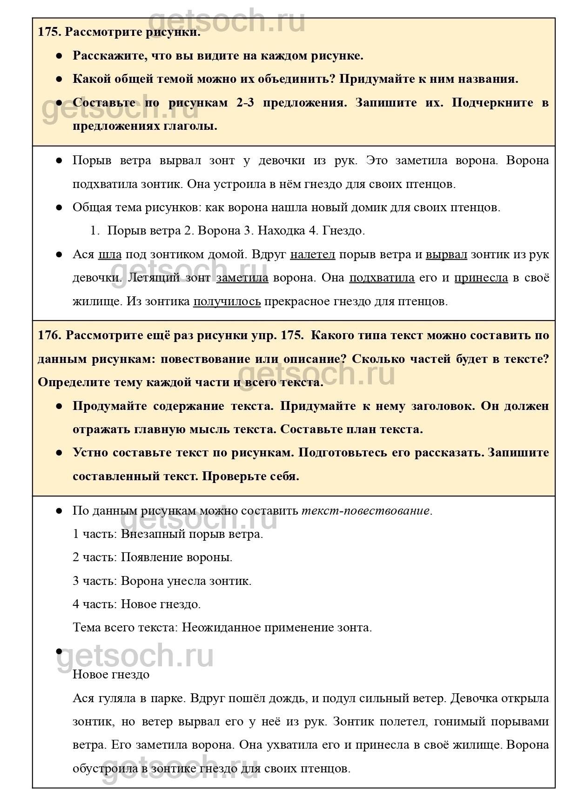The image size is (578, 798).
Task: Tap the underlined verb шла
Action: (110, 255)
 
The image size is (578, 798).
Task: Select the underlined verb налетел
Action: (312, 255)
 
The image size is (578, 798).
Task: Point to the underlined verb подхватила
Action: (382, 278)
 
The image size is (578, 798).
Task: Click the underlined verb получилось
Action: (227, 302)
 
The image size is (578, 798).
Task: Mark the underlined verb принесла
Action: (481, 278)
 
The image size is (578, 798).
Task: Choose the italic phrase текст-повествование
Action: (366, 510)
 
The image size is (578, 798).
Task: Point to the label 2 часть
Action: (95, 557)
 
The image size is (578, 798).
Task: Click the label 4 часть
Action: (95, 604)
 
